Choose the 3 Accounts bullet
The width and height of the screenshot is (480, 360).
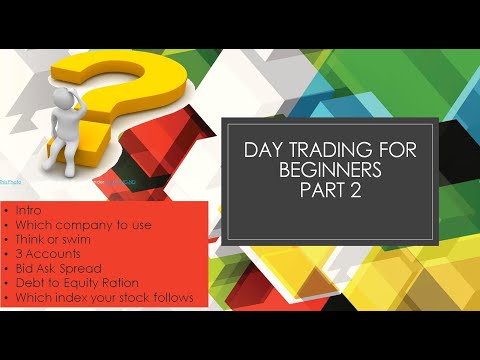54,254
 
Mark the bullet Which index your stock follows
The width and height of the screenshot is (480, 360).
105,297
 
